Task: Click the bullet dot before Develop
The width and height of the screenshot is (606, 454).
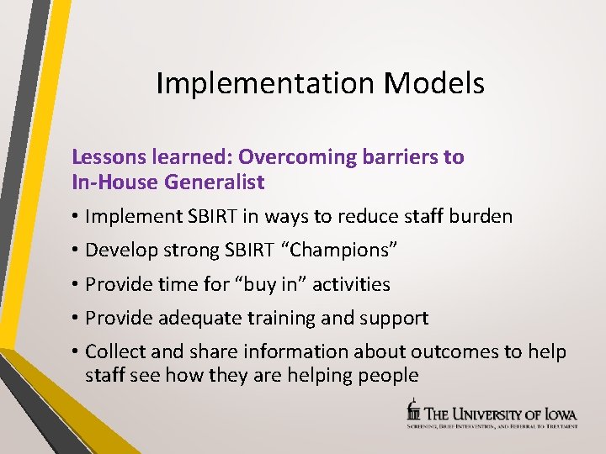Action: tap(76, 251)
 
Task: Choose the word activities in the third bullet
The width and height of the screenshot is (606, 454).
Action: tap(351, 284)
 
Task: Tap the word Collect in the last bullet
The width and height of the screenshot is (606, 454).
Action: tap(116, 351)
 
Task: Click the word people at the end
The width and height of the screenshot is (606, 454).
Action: tap(384, 375)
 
